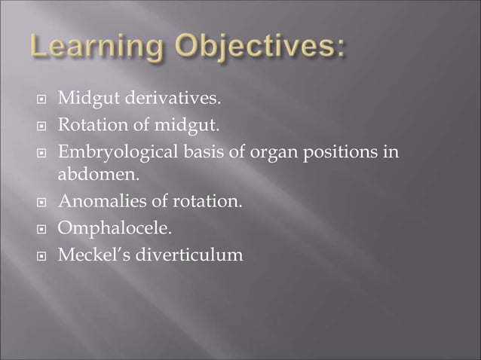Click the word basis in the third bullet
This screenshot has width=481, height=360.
[x=201, y=149]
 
